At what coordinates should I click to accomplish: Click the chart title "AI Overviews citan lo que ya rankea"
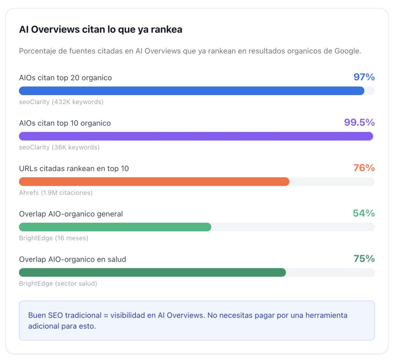[101, 30]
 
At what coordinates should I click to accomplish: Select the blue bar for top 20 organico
[192, 91]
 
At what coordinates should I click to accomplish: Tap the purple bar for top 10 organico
[196, 136]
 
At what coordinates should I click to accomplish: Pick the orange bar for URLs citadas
[154, 182]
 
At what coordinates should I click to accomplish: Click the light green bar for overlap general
[115, 227]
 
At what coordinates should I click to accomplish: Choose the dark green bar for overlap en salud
[152, 273]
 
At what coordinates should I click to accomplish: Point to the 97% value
[364, 77]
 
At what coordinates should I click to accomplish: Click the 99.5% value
[359, 123]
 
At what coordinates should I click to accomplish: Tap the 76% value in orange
[364, 168]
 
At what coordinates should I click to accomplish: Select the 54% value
[364, 213]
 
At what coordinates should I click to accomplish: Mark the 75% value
[364, 259]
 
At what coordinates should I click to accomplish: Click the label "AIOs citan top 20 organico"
[66, 78]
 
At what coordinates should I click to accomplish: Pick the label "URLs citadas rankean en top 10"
[74, 168]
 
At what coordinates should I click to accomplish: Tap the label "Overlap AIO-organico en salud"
[73, 259]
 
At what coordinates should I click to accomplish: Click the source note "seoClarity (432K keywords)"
[61, 102]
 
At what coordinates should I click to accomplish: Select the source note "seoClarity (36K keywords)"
[59, 147]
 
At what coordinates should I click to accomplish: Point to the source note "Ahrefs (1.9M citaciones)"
[56, 193]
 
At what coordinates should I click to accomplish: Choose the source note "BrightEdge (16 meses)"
[54, 238]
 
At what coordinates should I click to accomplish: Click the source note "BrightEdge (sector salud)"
[58, 284]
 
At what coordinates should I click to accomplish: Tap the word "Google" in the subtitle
[346, 51]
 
